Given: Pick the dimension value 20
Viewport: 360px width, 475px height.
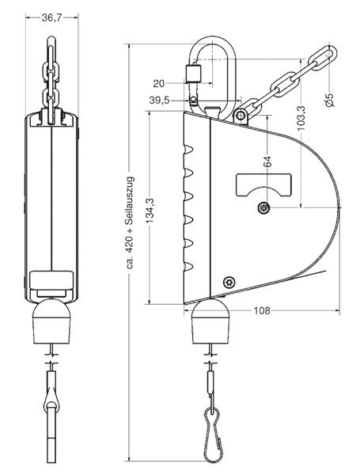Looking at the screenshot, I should pos(159,82).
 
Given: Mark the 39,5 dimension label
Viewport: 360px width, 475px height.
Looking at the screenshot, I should pos(159,100).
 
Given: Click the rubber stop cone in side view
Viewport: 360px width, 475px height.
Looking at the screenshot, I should pos(211,320).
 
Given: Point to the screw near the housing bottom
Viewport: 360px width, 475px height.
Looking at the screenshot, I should pos(230,281).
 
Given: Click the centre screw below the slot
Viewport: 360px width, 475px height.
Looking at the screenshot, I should pos(263,207).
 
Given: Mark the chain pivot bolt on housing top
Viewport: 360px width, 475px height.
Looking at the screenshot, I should pos(239,117).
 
